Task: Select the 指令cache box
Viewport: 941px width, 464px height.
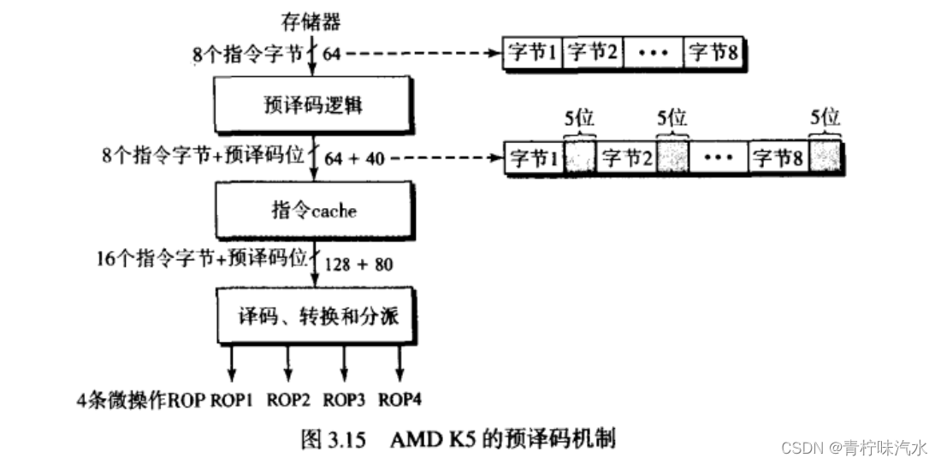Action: point(316,209)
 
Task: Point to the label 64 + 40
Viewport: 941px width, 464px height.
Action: point(353,158)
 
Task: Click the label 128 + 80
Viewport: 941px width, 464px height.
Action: point(360,265)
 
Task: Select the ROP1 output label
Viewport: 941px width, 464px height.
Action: point(232,399)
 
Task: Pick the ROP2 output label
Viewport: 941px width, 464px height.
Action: point(288,399)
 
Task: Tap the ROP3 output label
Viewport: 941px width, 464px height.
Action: point(344,399)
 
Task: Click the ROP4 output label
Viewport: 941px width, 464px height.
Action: point(399,399)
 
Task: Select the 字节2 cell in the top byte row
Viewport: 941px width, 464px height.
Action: point(593,53)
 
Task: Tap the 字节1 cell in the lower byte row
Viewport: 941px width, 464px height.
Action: point(534,158)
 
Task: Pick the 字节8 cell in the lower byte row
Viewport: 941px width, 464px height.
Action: point(778,158)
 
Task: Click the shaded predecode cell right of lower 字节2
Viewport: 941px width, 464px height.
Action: point(672,158)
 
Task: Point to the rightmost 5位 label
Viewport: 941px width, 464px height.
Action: point(825,118)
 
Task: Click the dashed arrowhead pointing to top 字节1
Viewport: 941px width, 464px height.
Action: point(497,53)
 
